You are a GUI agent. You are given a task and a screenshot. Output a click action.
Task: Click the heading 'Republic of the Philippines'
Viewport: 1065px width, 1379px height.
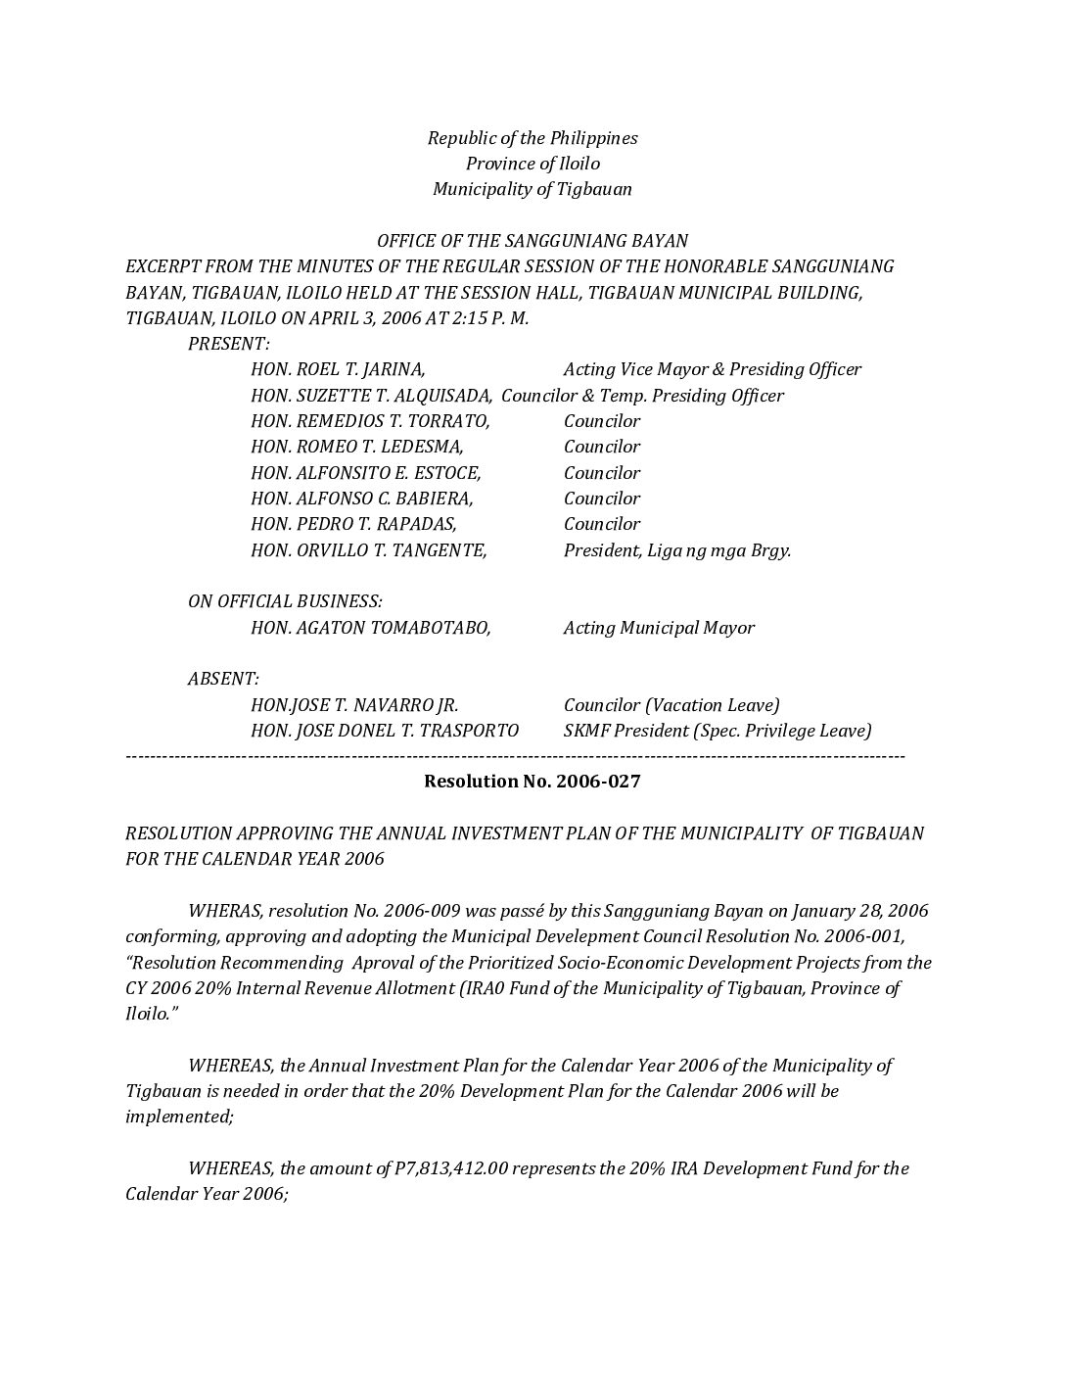pyautogui.click(x=532, y=138)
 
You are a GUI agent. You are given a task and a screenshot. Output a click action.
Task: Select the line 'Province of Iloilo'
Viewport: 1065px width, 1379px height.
pyautogui.click(x=532, y=164)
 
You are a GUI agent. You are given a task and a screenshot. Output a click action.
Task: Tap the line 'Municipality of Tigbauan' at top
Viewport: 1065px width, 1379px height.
pyautogui.click(x=532, y=189)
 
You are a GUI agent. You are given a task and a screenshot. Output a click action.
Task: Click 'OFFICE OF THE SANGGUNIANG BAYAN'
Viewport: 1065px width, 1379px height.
pyautogui.click(x=532, y=241)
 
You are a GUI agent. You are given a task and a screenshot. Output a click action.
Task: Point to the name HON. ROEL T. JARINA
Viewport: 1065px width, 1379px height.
pyautogui.click(x=338, y=369)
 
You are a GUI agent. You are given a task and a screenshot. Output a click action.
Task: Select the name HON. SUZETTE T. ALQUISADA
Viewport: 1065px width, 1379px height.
pyautogui.click(x=372, y=396)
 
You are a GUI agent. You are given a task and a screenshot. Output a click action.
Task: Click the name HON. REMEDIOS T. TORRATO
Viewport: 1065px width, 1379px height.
pyautogui.click(x=370, y=421)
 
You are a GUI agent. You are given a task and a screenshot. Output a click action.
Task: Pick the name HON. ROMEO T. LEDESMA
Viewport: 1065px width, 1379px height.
pyautogui.click(x=357, y=447)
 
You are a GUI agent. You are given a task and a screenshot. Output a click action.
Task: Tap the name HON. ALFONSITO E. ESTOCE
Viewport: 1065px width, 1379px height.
pyautogui.click(x=366, y=473)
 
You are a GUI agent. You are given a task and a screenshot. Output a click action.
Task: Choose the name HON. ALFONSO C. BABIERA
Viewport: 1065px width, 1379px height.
pyautogui.click(x=362, y=499)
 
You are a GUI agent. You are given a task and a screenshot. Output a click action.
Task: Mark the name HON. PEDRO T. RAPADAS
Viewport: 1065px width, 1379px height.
pyautogui.click(x=354, y=524)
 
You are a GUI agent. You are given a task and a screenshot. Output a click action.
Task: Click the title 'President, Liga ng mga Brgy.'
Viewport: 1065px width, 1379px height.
pyautogui.click(x=677, y=550)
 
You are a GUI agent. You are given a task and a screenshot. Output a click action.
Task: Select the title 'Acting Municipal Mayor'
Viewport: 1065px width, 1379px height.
pyautogui.click(x=659, y=628)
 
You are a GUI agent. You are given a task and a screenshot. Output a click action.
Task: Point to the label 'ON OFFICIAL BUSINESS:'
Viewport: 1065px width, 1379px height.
pyautogui.click(x=285, y=601)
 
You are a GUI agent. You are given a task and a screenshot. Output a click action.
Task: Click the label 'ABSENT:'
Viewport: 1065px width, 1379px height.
pyautogui.click(x=223, y=679)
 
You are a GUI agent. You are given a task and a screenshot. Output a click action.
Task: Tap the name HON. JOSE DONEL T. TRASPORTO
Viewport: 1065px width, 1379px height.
pyautogui.click(x=385, y=731)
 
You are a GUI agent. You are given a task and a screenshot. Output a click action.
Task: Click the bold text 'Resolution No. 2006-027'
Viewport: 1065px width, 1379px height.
pyautogui.click(x=532, y=782)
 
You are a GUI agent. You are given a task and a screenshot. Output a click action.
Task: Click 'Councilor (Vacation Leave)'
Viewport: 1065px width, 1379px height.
pyautogui.click(x=671, y=705)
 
